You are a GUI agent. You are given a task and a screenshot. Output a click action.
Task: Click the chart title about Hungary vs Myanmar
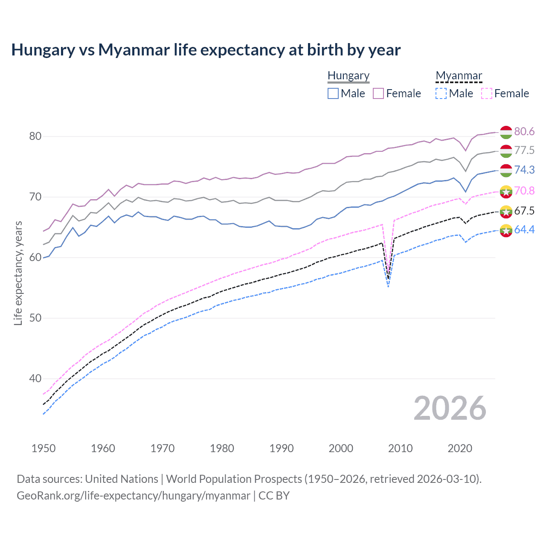coord(206,50)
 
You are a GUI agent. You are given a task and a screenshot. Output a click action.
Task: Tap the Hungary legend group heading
coord(349,76)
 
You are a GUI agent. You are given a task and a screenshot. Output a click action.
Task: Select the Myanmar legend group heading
coord(459,76)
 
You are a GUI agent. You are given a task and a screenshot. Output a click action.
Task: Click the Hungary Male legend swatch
coord(333,93)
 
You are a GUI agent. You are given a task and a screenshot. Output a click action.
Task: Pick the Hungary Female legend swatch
coord(378,93)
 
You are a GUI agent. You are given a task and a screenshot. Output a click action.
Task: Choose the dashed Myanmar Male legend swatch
coord(441,93)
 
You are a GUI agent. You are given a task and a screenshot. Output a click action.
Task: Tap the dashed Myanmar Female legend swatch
coord(487,93)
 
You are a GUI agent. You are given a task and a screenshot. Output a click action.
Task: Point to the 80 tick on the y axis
coord(35,136)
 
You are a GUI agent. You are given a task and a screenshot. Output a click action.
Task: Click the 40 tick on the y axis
coord(35,379)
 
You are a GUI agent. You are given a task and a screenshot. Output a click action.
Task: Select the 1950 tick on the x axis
coord(44,448)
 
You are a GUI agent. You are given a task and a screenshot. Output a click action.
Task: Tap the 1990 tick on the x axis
coord(282,448)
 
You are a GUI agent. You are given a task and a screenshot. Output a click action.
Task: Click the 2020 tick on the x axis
coord(460,448)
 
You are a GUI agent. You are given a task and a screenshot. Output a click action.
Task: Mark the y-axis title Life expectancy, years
coord(18,273)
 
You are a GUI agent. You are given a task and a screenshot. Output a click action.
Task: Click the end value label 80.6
coord(524,132)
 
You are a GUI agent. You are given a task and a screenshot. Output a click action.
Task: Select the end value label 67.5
coord(524,211)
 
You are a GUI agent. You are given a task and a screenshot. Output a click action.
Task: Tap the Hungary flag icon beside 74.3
coord(506,170)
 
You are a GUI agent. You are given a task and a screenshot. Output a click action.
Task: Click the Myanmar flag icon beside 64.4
coord(506,230)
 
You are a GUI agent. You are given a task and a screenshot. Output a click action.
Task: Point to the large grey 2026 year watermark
coord(450,408)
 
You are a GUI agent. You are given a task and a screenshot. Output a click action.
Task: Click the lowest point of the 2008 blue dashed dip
coord(388,286)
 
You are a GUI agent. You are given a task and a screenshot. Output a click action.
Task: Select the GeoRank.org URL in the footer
coord(134,496)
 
